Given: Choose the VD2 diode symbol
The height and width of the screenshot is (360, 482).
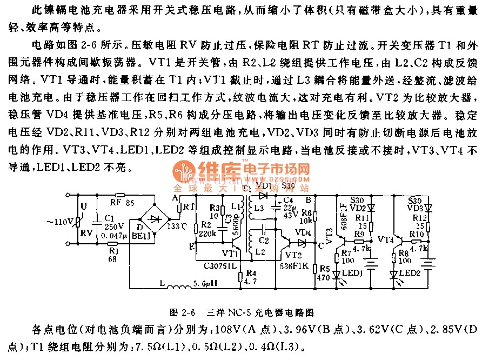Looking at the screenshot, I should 372,207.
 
